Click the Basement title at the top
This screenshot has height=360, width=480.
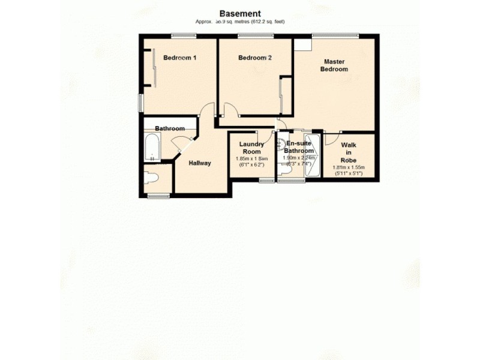240,13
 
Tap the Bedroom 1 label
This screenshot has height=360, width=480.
180,58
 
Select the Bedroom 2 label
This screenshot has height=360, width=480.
255,58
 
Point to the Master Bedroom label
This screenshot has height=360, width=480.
334,65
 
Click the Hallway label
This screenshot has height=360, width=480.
199,163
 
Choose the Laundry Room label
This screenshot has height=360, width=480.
252,148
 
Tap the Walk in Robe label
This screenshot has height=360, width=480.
349,152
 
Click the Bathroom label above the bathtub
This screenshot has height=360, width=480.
169,128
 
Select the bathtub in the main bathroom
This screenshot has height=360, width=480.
151,148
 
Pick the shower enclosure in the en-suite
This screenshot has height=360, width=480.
312,156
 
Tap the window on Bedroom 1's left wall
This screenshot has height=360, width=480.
141,102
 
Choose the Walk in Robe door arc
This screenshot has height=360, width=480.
332,138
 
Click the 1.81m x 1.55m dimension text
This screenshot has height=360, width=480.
349,168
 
